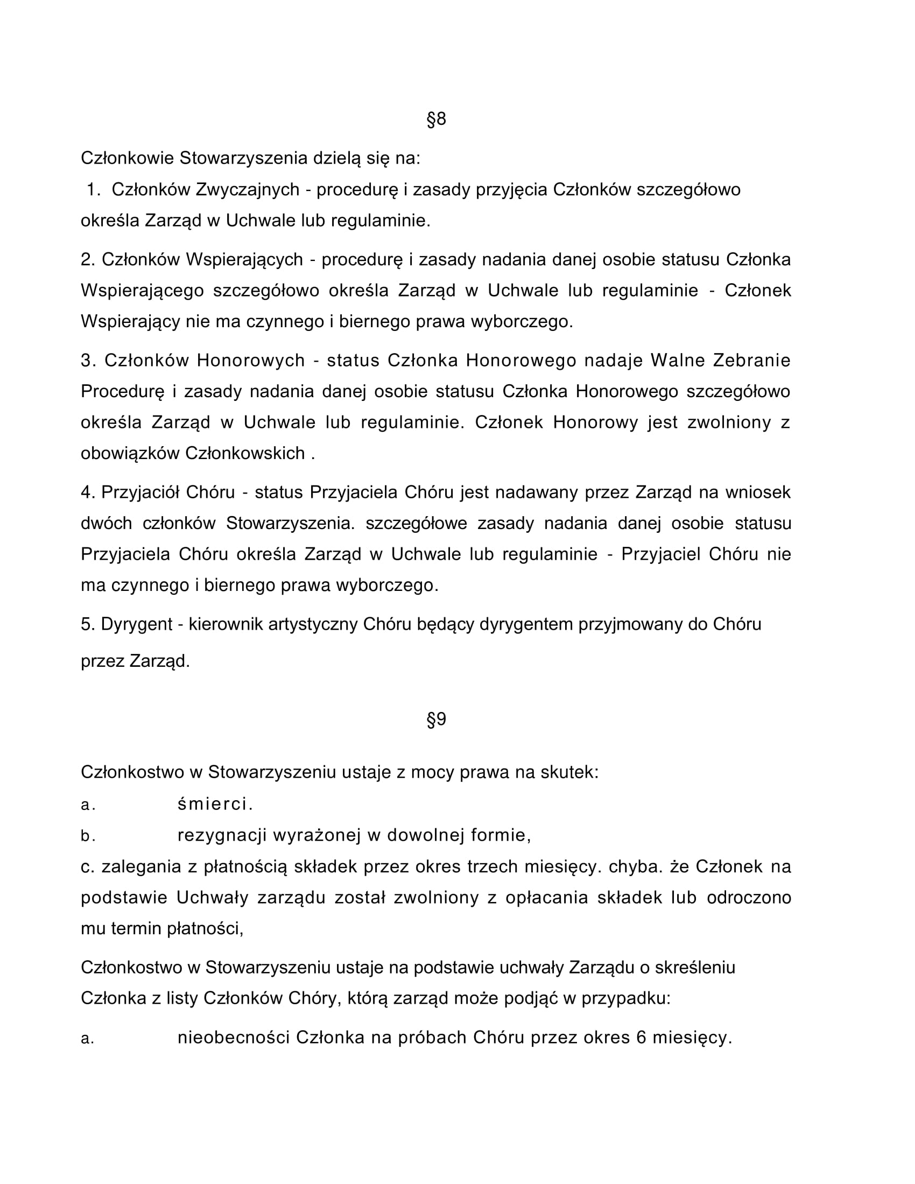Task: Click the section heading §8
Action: [437, 119]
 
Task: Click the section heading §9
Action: [437, 720]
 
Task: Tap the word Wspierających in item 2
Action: [244, 260]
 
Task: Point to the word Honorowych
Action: [251, 361]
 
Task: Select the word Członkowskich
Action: [245, 453]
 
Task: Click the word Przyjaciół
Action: [141, 492]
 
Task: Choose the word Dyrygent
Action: [137, 624]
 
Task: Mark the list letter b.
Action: [87, 836]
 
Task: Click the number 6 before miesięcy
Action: [641, 1038]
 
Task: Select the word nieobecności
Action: [234, 1038]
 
